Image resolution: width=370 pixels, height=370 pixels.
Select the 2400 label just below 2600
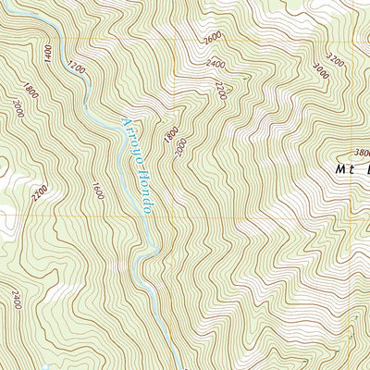pyautogui.click(x=216, y=65)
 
